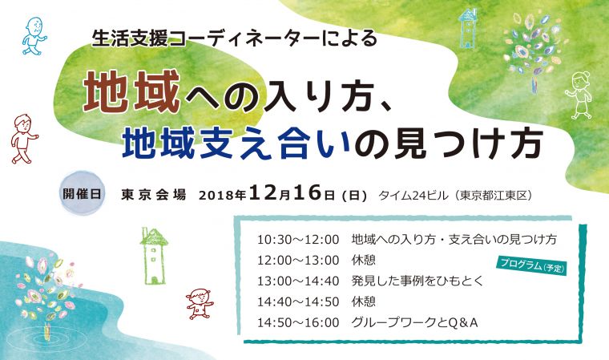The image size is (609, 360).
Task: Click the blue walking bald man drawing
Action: (34, 36)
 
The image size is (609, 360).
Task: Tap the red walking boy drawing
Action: (24, 139)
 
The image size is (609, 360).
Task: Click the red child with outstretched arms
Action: (200, 303)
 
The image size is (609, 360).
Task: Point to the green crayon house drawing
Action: (154, 256)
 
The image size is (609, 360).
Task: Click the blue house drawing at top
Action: (467, 27)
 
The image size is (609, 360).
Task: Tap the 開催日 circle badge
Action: (82, 193)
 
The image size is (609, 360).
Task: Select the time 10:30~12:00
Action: (298, 239)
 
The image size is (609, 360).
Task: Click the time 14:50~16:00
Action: (298, 322)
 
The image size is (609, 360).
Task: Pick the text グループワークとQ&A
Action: (414, 322)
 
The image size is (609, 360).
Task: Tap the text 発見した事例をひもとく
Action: (417, 281)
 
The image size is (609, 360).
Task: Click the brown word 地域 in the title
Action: (132, 91)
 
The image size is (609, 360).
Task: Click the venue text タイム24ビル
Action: (413, 195)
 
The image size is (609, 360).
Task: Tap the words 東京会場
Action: (153, 194)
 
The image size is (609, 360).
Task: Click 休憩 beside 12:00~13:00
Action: (364, 260)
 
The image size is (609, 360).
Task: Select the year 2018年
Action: (223, 195)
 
